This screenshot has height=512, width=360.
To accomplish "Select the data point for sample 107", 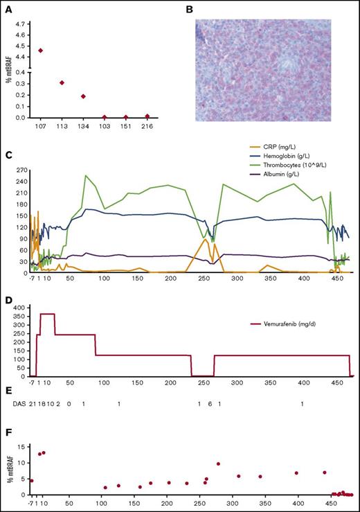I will click(41, 51).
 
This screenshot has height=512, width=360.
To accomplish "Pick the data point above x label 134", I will click(83, 96).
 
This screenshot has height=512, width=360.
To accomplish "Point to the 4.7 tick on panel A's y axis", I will click(22, 23).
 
